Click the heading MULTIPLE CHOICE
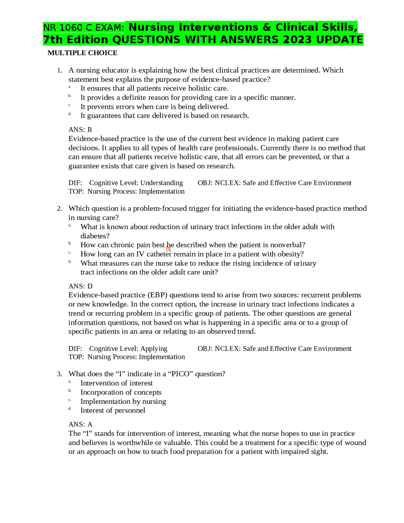click(82, 53)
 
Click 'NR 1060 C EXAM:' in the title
click(84, 28)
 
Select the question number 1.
click(60, 70)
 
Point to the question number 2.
click(60, 208)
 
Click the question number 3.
click(60, 374)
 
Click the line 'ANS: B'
click(80, 129)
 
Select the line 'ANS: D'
click(80, 286)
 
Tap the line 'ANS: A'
click(80, 424)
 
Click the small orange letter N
click(168, 249)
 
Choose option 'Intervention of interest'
click(116, 383)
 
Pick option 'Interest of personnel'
click(113, 410)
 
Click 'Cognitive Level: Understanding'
click(136, 183)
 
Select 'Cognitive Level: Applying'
click(128, 349)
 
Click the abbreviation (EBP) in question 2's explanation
click(158, 295)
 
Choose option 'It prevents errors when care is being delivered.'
click(154, 107)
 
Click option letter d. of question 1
click(70, 114)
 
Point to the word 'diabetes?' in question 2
click(95, 236)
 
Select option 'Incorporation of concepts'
click(121, 392)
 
